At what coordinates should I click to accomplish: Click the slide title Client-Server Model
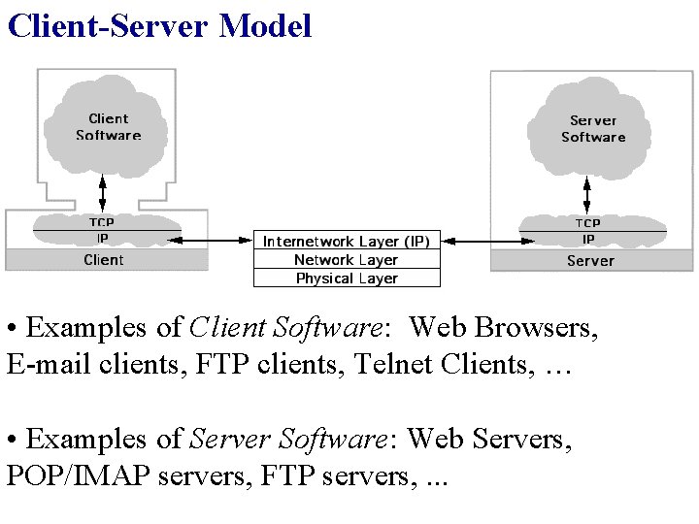159,25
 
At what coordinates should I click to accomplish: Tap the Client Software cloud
108,127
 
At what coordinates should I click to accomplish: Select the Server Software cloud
592,128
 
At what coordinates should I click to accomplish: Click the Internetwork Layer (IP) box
347,241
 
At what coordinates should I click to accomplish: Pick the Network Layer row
347,260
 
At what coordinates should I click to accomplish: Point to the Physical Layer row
347,278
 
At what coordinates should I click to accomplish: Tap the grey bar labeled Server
590,261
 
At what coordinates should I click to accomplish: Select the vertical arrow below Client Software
103,191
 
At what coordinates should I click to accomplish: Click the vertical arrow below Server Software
588,191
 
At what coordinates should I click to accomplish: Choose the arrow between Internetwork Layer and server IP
482,239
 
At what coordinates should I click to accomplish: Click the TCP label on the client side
103,223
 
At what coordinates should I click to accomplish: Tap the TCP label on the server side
588,223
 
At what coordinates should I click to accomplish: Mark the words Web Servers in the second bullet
489,440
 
